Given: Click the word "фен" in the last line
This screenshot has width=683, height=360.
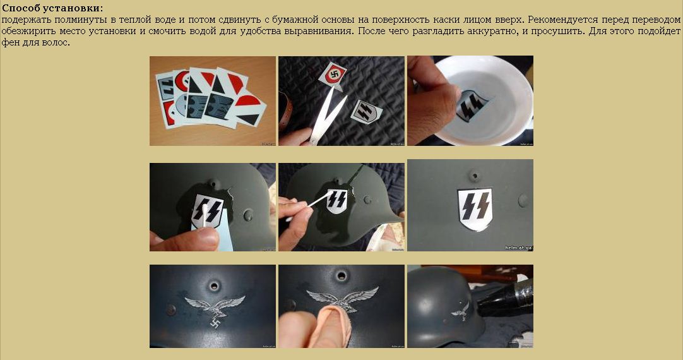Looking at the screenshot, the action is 9,43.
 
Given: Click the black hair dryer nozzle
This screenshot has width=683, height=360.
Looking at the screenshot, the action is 504,296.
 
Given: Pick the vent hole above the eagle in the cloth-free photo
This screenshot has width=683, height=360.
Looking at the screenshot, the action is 214,286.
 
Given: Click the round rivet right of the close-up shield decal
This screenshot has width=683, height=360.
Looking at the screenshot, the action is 523,200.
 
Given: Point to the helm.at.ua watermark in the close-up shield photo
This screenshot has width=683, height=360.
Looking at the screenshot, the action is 519,248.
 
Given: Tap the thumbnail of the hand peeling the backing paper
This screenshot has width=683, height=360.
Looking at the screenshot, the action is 213,207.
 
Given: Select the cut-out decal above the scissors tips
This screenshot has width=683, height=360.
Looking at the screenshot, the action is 335,74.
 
